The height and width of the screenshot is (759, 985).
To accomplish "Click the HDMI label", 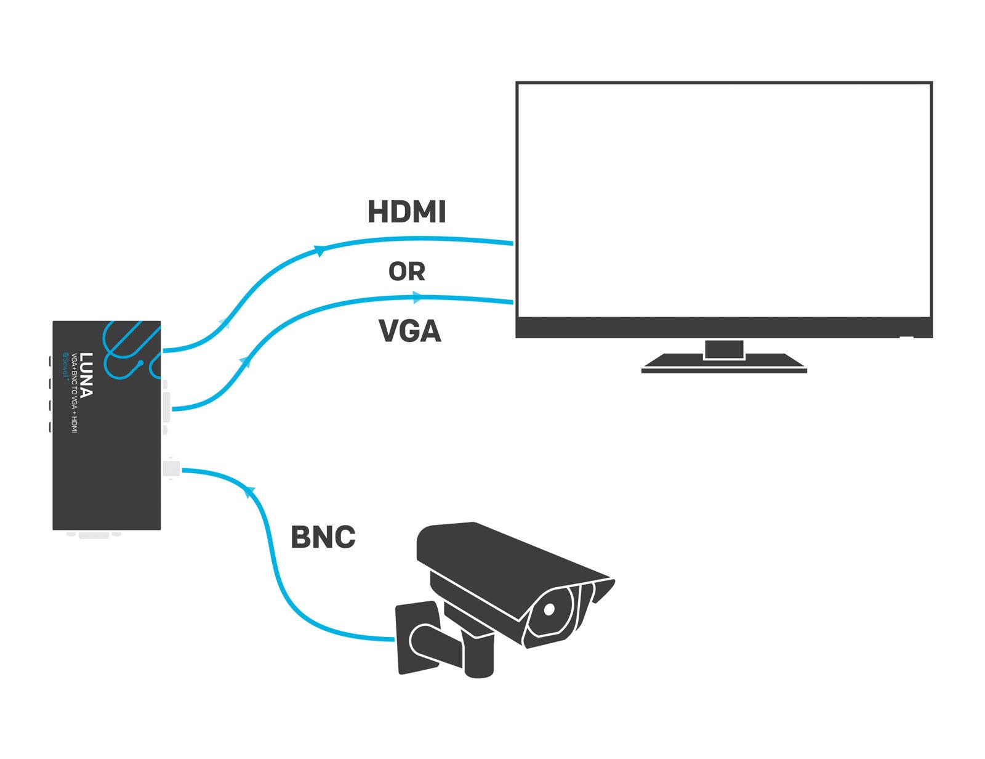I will tap(406, 212).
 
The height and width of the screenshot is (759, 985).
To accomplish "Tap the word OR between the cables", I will tap(406, 271).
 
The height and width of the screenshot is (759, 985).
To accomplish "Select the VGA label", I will tap(410, 331).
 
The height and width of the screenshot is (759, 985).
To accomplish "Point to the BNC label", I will tap(323, 537).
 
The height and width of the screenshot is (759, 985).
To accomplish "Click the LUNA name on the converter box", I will tap(86, 375).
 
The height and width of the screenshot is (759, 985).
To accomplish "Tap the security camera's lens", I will tap(549, 609).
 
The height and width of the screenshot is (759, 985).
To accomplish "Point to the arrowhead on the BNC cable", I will tap(249, 491).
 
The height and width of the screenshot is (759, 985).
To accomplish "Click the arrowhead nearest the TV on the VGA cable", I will tap(418, 298).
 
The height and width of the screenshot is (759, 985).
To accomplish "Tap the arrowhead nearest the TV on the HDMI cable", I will tap(320, 250).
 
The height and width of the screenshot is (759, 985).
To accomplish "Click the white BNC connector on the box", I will tap(171, 469).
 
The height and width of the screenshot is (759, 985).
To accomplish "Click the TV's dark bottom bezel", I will tap(724, 327).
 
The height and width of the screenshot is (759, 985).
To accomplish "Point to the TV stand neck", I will tap(724, 349).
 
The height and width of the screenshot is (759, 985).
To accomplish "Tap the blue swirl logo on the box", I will tap(129, 349).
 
